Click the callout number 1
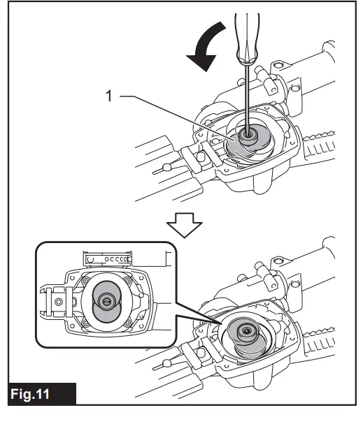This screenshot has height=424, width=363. tap(108, 96)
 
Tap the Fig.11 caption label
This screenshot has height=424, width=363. tap(30, 394)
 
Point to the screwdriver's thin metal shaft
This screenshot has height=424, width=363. tap(247, 97)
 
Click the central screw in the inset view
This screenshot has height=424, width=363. tap(106, 300)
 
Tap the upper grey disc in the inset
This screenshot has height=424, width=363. tap(108, 288)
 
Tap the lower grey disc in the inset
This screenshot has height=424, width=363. tap(107, 313)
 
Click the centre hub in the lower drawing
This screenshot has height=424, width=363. tap(246, 331)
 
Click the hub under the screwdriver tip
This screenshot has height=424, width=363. tap(248, 135)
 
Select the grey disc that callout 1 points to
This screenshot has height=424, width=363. tap(236, 147)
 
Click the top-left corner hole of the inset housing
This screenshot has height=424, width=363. tap(72, 278)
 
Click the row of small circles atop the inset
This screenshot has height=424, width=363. tap(117, 259)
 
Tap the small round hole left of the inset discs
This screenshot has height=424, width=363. tap(59, 302)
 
